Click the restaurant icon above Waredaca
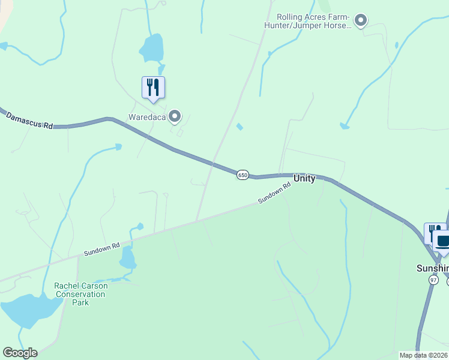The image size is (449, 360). pyautogui.click(x=153, y=88)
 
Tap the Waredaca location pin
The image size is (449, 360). pyautogui.click(x=175, y=116)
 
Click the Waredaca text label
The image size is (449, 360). pyautogui.click(x=146, y=116)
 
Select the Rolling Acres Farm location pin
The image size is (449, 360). pyautogui.click(x=360, y=22)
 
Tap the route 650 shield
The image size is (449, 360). pyautogui.click(x=242, y=175)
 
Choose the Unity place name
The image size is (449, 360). pyautogui.click(x=304, y=179)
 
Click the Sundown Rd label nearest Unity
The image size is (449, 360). pyautogui.click(x=274, y=193)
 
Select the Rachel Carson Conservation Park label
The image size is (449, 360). pyautogui.click(x=81, y=294)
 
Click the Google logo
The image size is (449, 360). pyautogui.click(x=20, y=353)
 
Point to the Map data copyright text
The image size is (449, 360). pyautogui.click(x=423, y=355)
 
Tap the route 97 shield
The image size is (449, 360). pyautogui.click(x=434, y=280)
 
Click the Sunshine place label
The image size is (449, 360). pyautogui.click(x=433, y=268)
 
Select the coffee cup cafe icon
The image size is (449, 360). pyautogui.click(x=443, y=242)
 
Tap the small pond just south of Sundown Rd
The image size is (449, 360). pyautogui.click(x=128, y=258)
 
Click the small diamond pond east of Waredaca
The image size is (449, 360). pyautogui.click(x=240, y=127)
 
